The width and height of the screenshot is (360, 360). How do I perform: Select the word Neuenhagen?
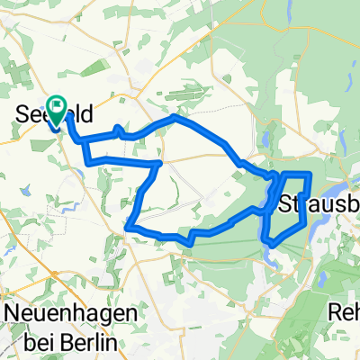pos(71,313)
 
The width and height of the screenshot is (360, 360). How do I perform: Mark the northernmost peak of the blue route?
pos(175,117)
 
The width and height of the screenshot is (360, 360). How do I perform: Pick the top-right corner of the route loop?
pos(310,173)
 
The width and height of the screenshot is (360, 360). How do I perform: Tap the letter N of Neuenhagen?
pos(14,313)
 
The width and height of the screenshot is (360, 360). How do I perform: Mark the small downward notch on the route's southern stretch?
pos(192,241)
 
